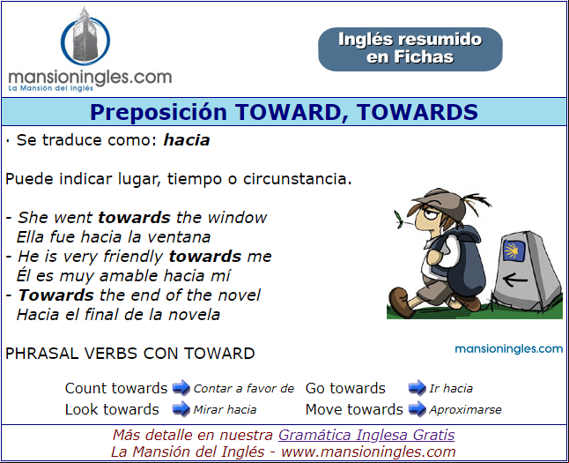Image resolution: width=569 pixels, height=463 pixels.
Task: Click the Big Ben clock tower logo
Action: (85, 36)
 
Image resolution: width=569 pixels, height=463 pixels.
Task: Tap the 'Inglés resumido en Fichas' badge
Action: (410, 49)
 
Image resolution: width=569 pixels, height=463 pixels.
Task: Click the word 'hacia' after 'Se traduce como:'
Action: (187, 140)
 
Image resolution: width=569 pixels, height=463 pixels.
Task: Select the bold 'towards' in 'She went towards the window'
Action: (134, 218)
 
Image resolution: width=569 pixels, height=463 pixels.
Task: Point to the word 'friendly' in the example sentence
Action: (133, 257)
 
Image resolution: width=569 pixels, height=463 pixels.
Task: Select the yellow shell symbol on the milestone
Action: (514, 250)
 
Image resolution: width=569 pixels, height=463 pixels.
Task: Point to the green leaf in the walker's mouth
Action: (398, 219)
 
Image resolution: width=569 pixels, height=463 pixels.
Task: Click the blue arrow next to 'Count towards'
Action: (181, 388)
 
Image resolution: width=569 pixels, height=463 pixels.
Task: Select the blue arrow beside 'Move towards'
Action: (417, 409)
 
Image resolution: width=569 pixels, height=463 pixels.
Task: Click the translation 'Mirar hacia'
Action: (225, 410)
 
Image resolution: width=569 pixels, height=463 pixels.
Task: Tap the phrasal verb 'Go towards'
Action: (345, 388)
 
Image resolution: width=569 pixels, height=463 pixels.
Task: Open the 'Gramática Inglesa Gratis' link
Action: (366, 435)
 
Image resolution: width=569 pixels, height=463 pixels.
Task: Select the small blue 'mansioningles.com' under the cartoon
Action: (509, 349)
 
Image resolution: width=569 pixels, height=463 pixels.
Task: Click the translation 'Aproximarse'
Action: (465, 410)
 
